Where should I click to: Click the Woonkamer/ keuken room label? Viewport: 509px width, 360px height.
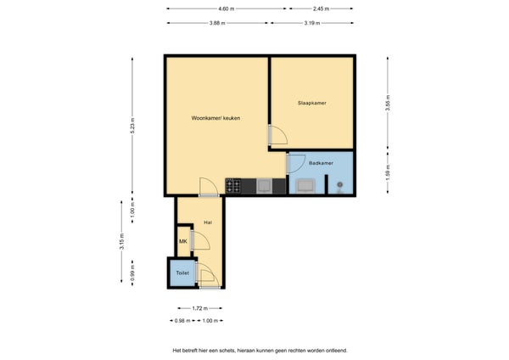(215, 118)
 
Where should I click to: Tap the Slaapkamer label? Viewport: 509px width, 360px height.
(312, 103)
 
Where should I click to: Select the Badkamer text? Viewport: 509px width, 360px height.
(321, 163)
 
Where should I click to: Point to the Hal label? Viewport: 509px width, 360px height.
(208, 222)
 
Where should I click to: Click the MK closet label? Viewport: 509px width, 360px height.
(183, 241)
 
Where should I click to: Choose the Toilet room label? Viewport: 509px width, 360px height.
(182, 273)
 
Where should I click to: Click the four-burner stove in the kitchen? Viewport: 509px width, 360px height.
(233, 186)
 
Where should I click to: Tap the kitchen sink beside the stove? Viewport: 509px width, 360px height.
(264, 186)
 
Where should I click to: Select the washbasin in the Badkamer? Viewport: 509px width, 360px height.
(305, 186)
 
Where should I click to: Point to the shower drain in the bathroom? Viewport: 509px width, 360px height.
(339, 185)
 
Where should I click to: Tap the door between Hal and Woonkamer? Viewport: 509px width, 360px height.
(209, 187)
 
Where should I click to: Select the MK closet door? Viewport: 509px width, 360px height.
(200, 239)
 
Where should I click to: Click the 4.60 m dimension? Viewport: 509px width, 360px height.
(227, 8)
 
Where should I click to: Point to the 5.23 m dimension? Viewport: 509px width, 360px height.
(132, 126)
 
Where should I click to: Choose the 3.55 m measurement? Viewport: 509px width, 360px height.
(388, 103)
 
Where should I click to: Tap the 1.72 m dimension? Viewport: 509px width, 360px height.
(200, 308)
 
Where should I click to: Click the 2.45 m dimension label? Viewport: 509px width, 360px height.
(321, 8)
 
